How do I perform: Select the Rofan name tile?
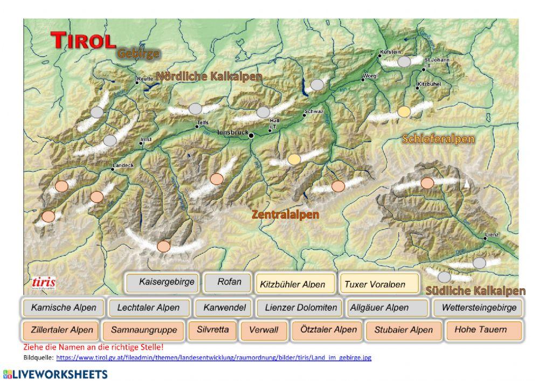pyautogui.click(x=229, y=282)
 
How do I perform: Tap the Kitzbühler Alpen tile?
pyautogui.click(x=293, y=283)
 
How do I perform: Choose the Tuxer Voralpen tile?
pyautogui.click(x=379, y=283)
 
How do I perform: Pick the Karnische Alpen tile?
pyautogui.click(x=63, y=308)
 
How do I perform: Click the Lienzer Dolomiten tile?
pyautogui.click(x=301, y=308)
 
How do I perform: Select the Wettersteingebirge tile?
pyautogui.click(x=479, y=308)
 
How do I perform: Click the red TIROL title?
pyautogui.click(x=84, y=39)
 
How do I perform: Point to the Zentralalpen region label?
pyautogui.click(x=285, y=214)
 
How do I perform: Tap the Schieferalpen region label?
pyautogui.click(x=438, y=139)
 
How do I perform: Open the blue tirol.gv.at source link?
pyautogui.click(x=213, y=357)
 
